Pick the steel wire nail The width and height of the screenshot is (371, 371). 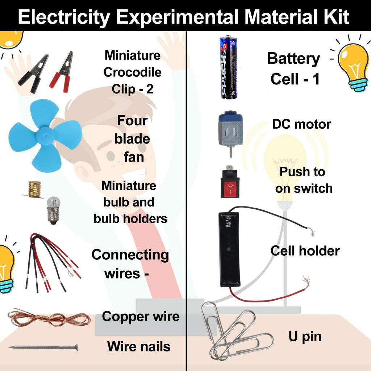(43, 347)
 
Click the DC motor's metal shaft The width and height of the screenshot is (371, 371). (230, 152)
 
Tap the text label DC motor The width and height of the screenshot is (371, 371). (301, 124)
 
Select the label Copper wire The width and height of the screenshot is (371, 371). (141, 316)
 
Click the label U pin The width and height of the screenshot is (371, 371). (305, 336)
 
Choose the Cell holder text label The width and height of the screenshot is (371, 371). (305, 251)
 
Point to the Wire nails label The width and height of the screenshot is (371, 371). (139, 347)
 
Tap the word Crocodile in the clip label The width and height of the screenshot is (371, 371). (132, 72)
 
